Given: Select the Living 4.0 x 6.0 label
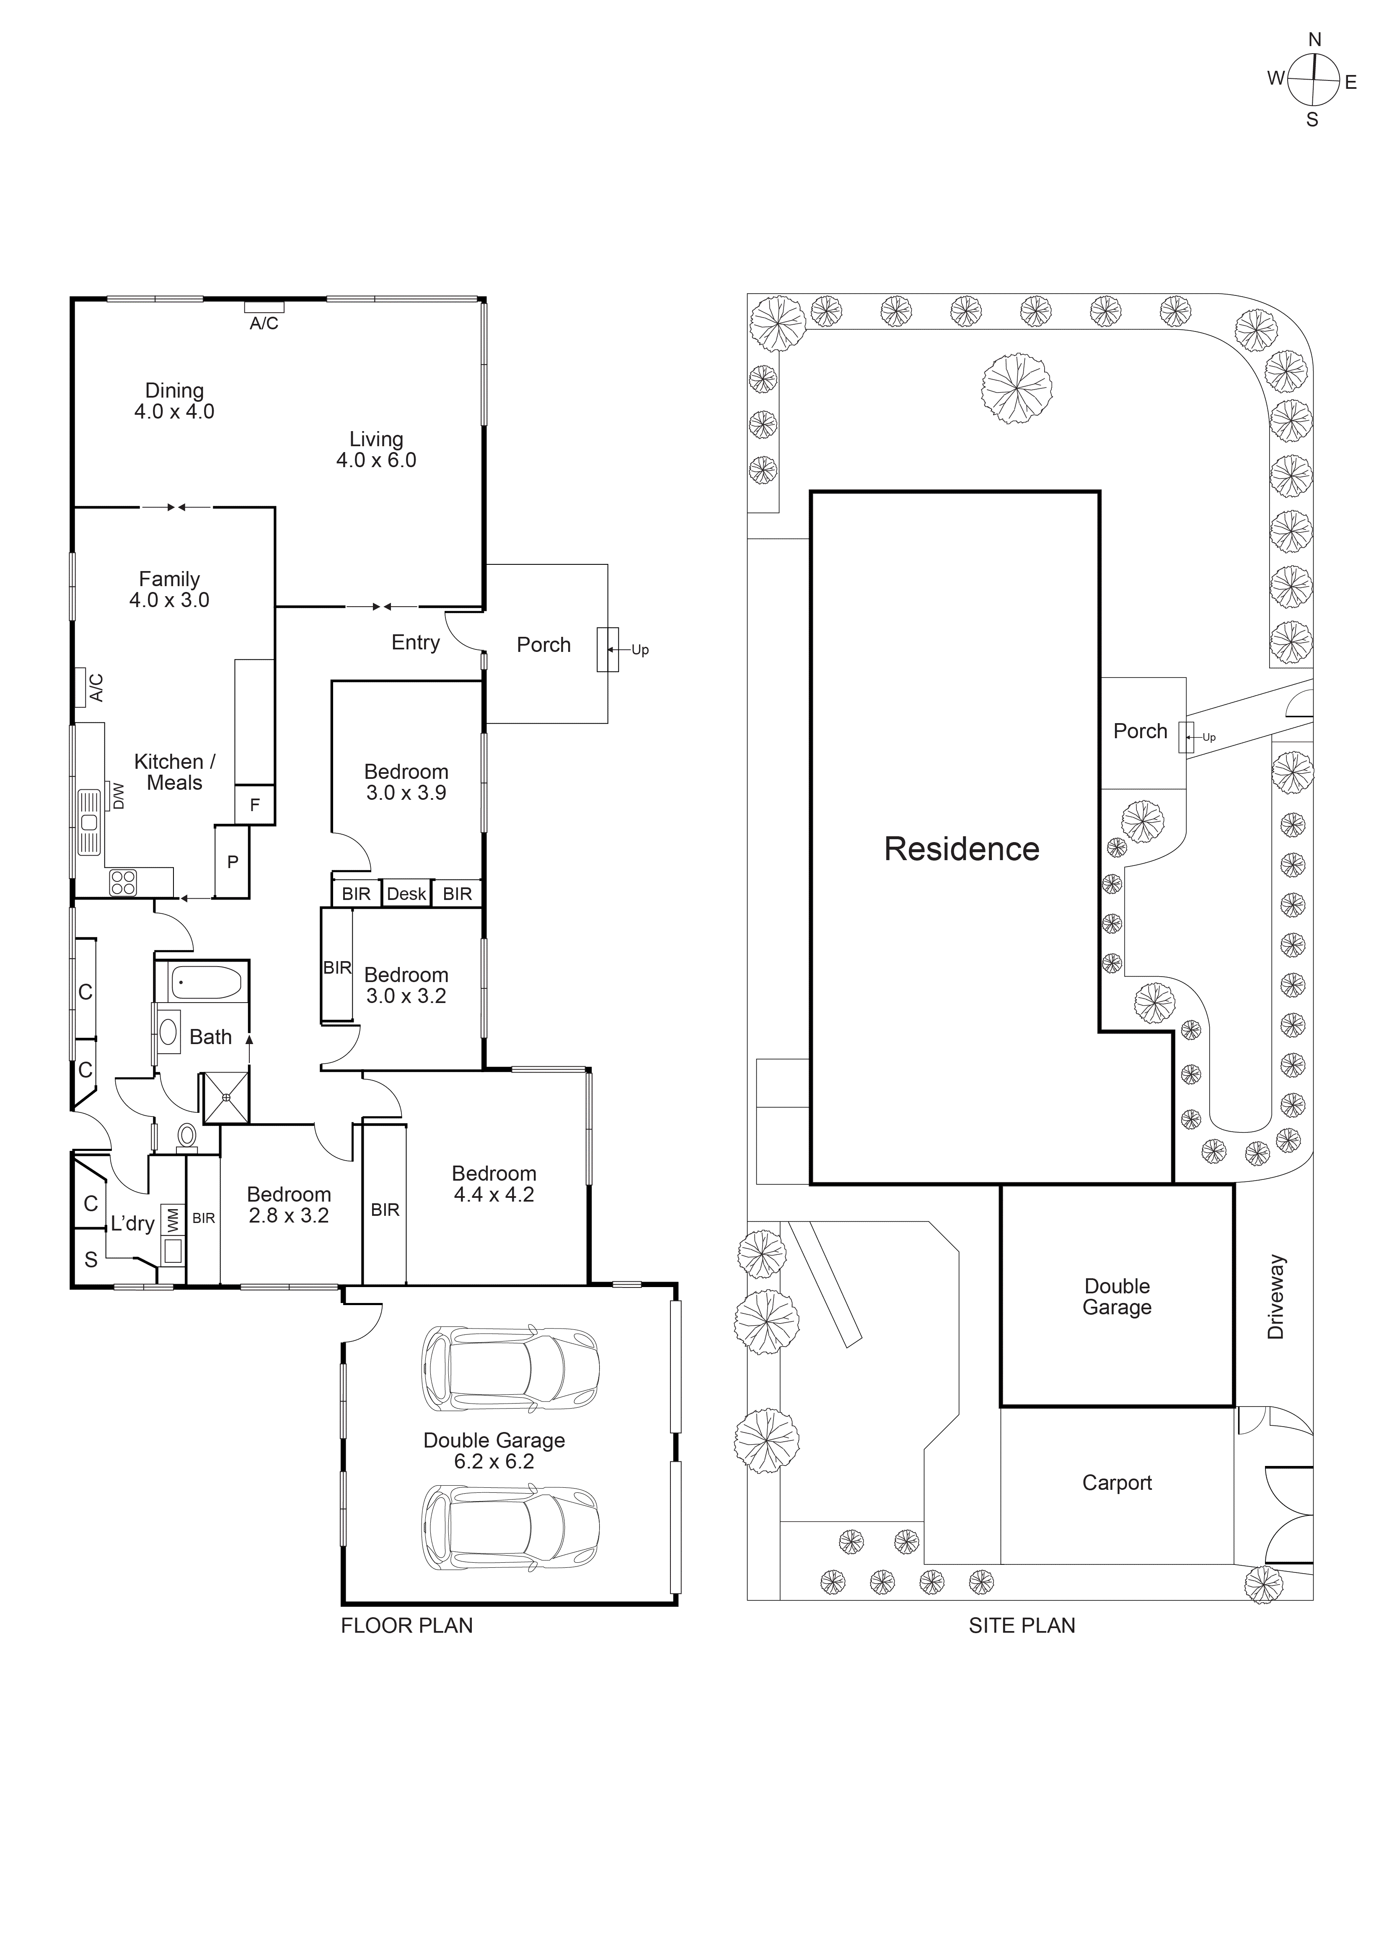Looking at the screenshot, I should pos(376,449).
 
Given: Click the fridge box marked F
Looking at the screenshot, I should pos(254,804).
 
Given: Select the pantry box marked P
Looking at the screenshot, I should pos(232,862).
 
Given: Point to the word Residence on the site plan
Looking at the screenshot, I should pos(961,849).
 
